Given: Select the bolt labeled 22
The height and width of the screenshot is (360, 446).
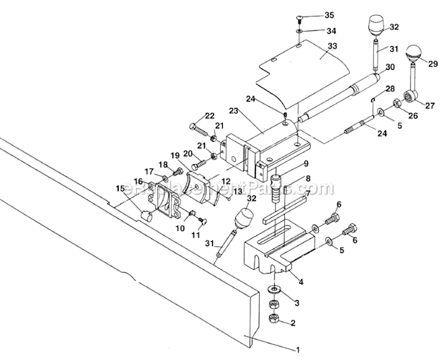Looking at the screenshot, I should coord(199,128).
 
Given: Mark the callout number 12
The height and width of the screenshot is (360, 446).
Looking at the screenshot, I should coord(225,181).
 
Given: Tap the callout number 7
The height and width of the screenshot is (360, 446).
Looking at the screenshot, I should coord(307,194).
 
